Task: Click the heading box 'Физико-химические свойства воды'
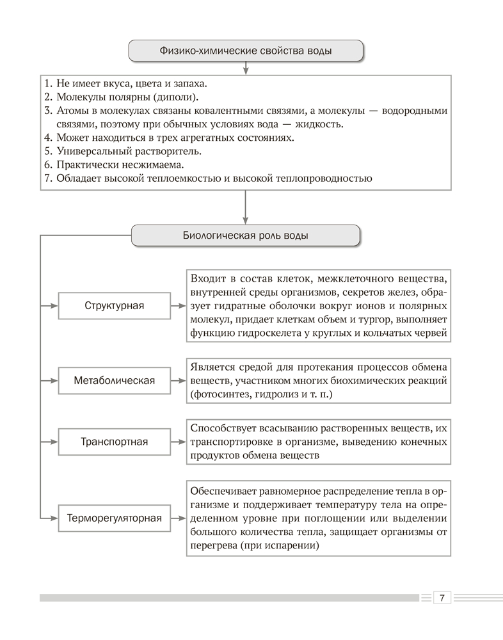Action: pos(246,51)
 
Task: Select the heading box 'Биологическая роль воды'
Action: pos(246,236)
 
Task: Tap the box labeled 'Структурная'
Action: pos(115,305)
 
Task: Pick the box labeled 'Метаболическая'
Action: pos(115,381)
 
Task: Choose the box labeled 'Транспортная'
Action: pos(115,442)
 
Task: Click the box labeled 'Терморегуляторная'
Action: pos(115,518)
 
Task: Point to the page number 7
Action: pos(442,598)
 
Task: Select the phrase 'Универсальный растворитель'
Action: pos(129,151)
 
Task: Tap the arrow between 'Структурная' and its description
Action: pos(178,305)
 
